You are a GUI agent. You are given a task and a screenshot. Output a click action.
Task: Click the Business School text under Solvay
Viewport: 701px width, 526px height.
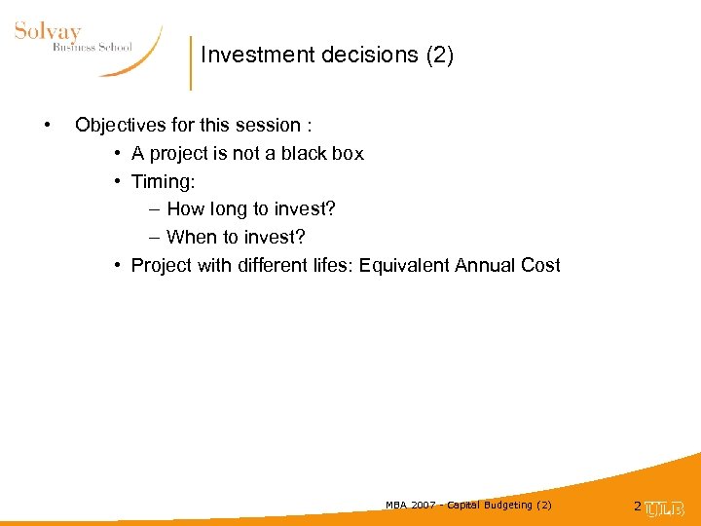pos(92,48)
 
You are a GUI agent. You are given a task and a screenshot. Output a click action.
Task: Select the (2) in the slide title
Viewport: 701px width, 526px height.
pos(440,56)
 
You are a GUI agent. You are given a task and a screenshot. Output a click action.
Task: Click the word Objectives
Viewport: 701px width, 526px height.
pos(123,125)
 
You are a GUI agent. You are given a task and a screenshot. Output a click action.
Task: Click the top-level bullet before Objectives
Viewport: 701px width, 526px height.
pos(46,125)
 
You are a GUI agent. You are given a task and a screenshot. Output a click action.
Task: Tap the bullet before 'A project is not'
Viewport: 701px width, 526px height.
pos(117,153)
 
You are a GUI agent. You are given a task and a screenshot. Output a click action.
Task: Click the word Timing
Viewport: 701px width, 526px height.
pos(160,181)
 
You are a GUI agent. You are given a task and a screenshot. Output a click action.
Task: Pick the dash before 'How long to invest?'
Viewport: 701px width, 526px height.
pos(156,209)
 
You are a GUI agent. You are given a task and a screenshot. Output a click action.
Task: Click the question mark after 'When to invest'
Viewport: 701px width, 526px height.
pos(300,237)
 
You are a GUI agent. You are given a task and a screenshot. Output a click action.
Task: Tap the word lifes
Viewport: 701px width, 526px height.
pos(329,265)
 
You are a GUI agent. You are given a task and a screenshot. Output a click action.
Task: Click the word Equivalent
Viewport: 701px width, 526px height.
pos(403,265)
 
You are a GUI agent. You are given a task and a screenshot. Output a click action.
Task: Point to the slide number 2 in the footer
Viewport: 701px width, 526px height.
pos(638,507)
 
